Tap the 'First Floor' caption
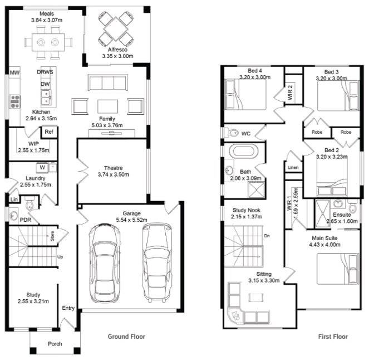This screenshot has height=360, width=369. click(332, 337)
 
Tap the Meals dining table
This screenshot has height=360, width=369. click(47, 42)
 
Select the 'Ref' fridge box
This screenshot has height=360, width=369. click(49, 132)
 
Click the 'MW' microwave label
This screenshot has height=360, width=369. click(15, 72)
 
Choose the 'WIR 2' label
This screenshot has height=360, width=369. click(290, 92)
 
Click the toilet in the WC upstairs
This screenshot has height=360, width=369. click(229, 133)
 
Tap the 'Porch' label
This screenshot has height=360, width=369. click(55, 344)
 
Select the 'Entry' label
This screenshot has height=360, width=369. click(68, 308)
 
